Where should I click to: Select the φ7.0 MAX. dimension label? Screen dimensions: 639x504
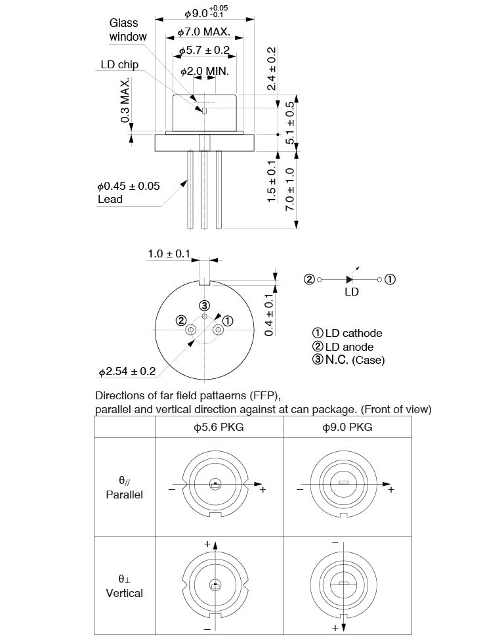tap(204, 32)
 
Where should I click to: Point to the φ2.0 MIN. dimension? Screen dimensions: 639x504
tap(205, 70)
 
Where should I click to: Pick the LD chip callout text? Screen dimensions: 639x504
tap(119, 64)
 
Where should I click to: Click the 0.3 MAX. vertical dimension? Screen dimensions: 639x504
tap(125, 99)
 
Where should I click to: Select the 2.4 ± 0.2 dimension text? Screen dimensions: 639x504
tap(272, 68)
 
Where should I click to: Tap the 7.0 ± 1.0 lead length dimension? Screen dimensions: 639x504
tap(289, 188)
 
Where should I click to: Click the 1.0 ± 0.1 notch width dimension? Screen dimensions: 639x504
tap(169, 253)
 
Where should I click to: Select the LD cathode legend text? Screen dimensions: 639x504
tap(347, 333)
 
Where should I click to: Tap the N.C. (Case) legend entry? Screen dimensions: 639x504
tap(348, 360)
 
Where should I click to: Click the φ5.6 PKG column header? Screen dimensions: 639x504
tap(219, 427)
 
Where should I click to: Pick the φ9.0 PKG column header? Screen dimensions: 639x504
tap(347, 427)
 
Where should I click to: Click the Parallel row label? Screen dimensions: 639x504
tap(124, 495)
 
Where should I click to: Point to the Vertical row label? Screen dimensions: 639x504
tap(124, 593)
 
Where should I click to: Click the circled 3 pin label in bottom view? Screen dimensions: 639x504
tap(205, 305)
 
